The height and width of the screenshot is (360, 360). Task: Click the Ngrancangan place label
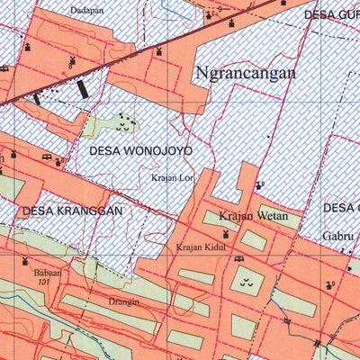pos(245,74)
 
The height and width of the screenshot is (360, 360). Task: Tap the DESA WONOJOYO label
pos(139,151)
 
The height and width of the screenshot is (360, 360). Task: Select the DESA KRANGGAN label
pos(71,211)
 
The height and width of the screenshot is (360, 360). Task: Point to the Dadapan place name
pos(86,11)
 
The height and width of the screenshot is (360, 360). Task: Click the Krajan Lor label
pos(173,177)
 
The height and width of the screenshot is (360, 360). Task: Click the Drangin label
pos(124,301)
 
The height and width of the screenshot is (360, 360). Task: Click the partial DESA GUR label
pos(331,14)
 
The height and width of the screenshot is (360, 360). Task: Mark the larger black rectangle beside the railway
pos(84,89)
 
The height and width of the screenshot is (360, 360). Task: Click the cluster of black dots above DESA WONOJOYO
pos(125,121)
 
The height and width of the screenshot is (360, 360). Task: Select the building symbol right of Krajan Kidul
pos(239,260)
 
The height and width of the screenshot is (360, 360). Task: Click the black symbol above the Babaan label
pos(25,260)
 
